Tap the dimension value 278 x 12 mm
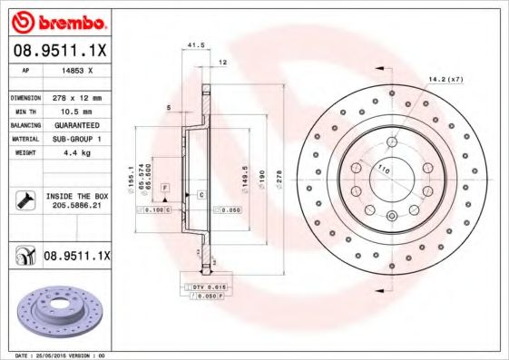[76, 97]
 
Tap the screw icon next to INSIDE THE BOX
[24, 200]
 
